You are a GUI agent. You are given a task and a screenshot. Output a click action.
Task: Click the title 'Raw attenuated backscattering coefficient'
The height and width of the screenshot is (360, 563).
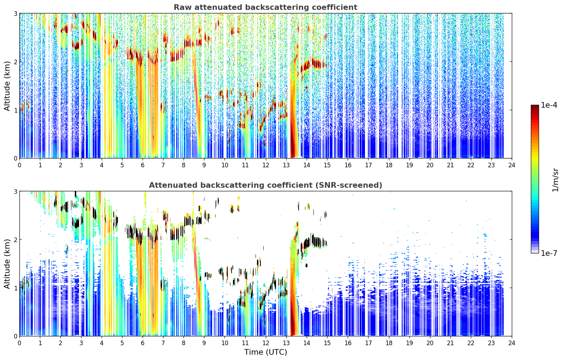tap(265, 7)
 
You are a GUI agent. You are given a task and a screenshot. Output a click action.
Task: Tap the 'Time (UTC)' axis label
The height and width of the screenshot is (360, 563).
tap(265, 352)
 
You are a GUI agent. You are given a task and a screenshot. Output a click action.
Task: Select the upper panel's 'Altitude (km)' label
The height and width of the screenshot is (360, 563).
tap(7, 86)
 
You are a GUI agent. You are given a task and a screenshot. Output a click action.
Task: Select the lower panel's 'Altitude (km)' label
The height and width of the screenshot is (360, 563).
tap(7, 264)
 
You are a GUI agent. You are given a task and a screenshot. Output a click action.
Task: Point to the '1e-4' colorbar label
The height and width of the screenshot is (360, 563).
tap(549, 105)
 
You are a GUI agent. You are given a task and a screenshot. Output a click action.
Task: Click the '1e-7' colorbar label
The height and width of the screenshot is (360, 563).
tap(549, 253)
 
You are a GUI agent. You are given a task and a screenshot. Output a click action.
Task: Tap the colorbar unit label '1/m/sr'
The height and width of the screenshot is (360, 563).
tap(555, 180)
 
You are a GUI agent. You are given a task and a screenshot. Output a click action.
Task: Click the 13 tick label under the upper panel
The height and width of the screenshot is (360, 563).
tap(286, 165)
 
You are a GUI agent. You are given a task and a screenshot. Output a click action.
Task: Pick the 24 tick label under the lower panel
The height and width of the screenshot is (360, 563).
tap(512, 343)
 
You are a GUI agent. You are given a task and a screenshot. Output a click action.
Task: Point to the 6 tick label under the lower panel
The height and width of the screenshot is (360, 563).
tap(143, 343)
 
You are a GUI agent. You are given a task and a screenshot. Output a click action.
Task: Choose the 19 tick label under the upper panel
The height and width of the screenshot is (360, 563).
tap(409, 165)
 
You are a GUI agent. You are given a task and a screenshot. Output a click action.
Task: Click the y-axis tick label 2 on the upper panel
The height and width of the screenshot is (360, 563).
tap(15, 62)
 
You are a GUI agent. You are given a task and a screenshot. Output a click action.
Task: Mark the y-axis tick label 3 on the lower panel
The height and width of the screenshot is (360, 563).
tap(15, 191)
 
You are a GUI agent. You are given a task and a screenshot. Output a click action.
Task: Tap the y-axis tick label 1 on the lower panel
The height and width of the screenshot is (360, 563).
tap(15, 288)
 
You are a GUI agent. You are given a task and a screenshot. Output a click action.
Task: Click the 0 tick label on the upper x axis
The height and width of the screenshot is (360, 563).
tap(20, 165)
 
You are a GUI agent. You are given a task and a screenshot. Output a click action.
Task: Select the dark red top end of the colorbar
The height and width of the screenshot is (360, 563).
tap(535, 107)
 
